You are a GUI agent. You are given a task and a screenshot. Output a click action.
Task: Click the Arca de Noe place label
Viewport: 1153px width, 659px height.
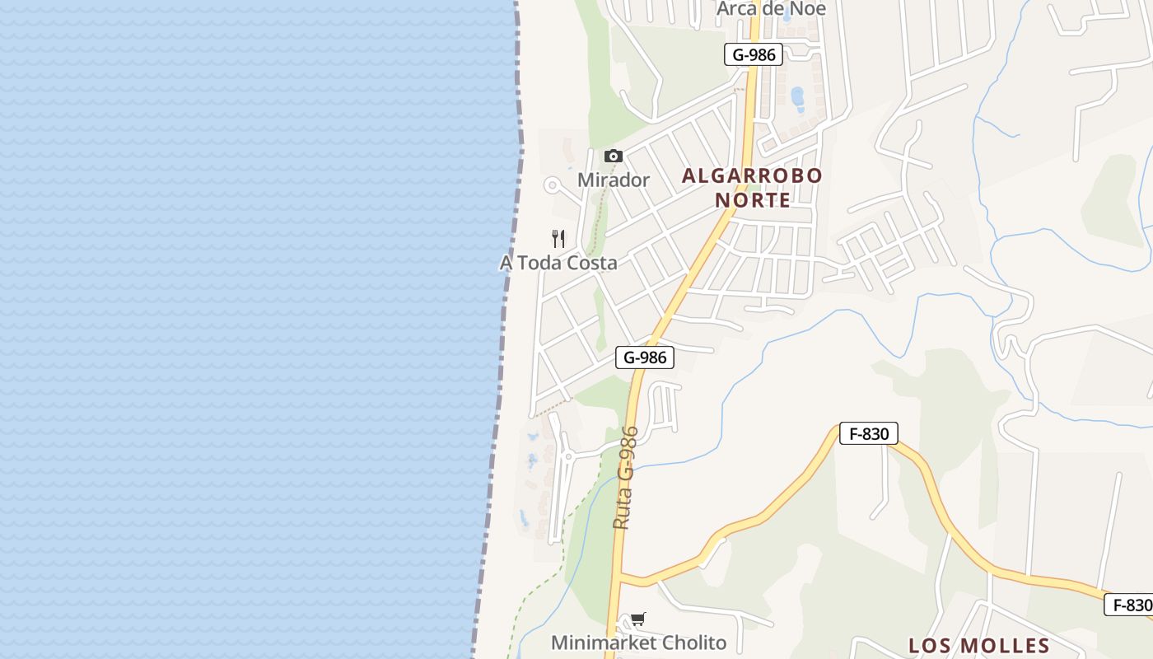pos(771,8)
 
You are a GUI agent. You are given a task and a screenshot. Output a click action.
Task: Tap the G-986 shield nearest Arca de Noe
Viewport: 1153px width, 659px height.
pos(754,55)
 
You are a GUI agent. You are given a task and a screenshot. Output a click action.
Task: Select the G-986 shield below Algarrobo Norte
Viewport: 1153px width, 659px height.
pos(645,358)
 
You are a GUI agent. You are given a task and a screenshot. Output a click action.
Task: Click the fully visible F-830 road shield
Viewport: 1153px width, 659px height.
pos(869,433)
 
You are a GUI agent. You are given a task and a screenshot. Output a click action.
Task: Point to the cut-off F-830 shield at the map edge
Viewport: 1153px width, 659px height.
pos(1129,605)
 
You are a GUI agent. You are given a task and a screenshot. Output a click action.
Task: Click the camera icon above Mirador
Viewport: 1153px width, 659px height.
pos(613,156)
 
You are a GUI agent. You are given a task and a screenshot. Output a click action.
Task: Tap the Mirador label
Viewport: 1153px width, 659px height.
pos(614,180)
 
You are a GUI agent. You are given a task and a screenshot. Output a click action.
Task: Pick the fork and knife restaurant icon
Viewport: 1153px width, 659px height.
pos(558,239)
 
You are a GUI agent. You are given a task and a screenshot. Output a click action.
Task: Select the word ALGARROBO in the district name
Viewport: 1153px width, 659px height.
pos(752,175)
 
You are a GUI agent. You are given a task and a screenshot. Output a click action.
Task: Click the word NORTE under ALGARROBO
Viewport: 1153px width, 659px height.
pos(752,200)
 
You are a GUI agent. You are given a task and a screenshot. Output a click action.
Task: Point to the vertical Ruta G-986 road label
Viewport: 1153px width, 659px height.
pos(625,478)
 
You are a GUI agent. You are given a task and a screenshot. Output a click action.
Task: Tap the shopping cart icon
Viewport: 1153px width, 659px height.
pos(638,619)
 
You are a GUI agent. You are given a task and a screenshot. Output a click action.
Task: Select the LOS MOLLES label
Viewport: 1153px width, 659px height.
pos(978,645)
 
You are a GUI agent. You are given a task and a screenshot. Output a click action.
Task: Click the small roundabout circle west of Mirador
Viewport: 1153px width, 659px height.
pos(552,185)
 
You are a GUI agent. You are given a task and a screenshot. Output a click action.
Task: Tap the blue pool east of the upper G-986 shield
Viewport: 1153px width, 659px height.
pos(797,98)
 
